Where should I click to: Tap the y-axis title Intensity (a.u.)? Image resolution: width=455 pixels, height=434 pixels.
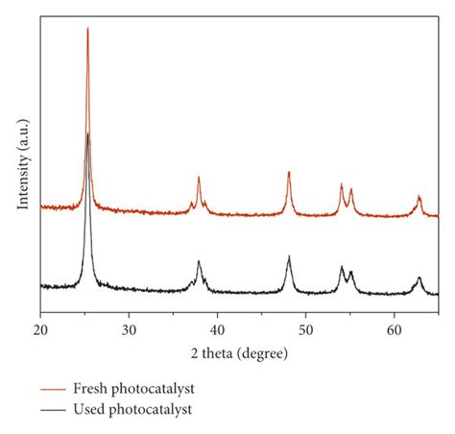[22, 163]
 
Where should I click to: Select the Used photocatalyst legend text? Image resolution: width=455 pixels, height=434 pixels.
[132, 409]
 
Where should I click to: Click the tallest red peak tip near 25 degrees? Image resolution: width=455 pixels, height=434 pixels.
[87, 28]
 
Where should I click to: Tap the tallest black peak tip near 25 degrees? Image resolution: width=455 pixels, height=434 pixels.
[88, 133]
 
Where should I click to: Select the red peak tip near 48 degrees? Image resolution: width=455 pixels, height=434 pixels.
[289, 172]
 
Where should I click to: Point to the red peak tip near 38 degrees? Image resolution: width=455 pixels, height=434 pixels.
[199, 178]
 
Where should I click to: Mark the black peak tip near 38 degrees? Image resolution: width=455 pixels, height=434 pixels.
[199, 262]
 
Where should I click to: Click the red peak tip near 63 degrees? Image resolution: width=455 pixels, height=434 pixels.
[419, 197]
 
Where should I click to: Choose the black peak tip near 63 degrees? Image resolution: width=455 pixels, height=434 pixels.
[419, 278]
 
